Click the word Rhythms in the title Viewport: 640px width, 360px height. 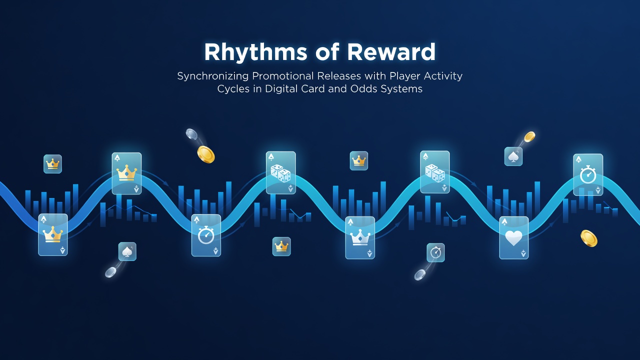255,52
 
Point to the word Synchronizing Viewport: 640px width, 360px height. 213,76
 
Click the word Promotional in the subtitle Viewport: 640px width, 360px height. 283,76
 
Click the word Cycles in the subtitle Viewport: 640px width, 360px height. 233,89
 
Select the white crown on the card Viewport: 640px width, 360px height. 359,237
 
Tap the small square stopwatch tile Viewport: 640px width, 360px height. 435,252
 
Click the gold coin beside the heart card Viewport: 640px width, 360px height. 589,238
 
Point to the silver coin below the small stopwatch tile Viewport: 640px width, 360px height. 419,275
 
